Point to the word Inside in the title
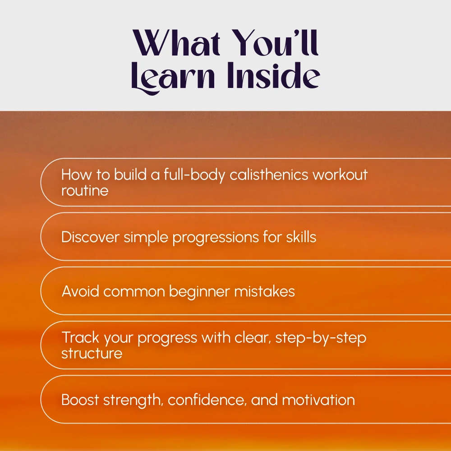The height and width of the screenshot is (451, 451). (x=274, y=75)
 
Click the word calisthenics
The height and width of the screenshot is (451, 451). (x=269, y=175)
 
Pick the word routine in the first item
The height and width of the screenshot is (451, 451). (x=85, y=190)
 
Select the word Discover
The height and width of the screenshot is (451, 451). (x=90, y=237)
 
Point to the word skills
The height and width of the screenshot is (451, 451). (x=301, y=237)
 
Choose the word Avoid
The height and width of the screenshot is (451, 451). (x=80, y=291)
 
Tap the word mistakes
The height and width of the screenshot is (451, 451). (x=264, y=291)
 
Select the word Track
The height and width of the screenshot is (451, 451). (x=80, y=337)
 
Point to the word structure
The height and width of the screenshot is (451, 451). (x=92, y=353)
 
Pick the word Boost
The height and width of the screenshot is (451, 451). (x=80, y=400)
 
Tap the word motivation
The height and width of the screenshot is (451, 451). (x=318, y=400)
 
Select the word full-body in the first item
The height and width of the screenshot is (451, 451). (x=194, y=175)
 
